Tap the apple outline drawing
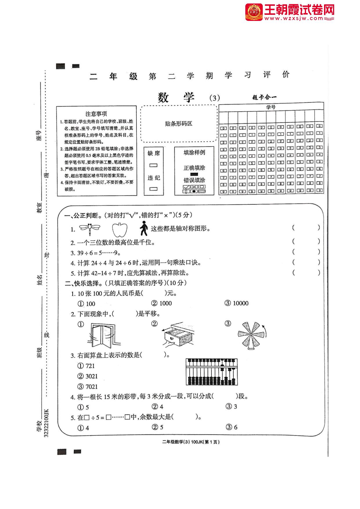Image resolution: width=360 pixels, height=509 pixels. (x=120, y=230)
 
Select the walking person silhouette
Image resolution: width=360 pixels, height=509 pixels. (x=144, y=228)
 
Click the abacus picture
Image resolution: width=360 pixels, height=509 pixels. (x=212, y=372)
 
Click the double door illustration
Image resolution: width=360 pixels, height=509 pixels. (x=102, y=334)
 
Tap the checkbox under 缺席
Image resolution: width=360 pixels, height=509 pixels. (x=153, y=165)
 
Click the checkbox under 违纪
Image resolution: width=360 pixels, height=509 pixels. (x=153, y=189)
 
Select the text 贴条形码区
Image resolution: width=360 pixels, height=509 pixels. (x=179, y=124)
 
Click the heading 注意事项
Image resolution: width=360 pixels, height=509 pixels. (x=96, y=114)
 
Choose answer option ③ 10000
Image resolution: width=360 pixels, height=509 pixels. (x=237, y=303)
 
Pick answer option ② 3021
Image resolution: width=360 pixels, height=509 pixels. (x=88, y=376)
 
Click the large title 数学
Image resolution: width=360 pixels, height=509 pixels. (x=176, y=98)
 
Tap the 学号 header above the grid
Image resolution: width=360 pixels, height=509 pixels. (x=271, y=107)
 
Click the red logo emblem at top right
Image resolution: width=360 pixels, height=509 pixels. (x=253, y=12)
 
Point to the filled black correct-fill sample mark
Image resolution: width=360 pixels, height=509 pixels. (x=194, y=174)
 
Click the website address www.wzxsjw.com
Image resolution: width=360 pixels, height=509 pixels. (x=294, y=18)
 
